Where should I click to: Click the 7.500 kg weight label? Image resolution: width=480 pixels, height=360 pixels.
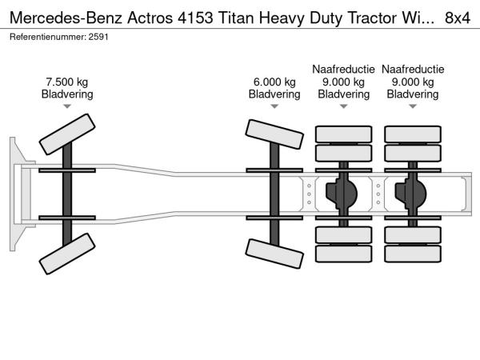click(67, 82)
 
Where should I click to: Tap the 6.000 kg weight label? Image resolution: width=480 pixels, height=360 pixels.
click(274, 82)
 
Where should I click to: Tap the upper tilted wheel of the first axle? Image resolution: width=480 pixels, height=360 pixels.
click(67, 134)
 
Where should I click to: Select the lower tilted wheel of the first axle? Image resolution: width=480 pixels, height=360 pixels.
click(67, 258)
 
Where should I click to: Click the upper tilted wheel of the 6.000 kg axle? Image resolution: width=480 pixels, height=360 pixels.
click(274, 134)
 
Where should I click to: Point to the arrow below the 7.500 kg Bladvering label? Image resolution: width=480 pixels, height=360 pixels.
click(67, 106)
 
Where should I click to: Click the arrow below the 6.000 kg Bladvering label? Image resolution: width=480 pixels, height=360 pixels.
click(274, 106)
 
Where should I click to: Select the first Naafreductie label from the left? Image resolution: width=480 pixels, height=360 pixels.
click(343, 70)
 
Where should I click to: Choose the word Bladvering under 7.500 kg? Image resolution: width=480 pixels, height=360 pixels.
click(67, 94)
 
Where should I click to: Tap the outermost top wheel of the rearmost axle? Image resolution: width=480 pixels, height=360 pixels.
click(413, 134)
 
